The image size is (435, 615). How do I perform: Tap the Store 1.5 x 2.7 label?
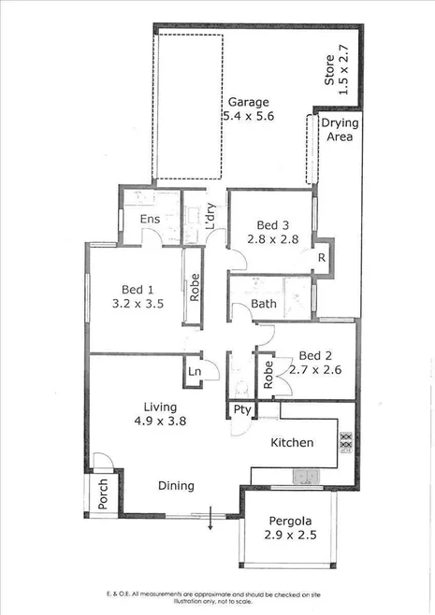[x=335, y=67]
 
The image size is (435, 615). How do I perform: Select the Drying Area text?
[x=337, y=131]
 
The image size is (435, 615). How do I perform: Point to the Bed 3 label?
[x=271, y=224]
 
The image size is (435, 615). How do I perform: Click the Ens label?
[x=150, y=220]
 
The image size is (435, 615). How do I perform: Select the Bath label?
[x=264, y=305]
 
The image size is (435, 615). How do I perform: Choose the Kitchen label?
[x=292, y=442]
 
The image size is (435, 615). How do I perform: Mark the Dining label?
[x=175, y=485]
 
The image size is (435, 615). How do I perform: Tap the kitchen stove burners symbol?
[x=344, y=439]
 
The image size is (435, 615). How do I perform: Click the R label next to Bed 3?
[x=321, y=258]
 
